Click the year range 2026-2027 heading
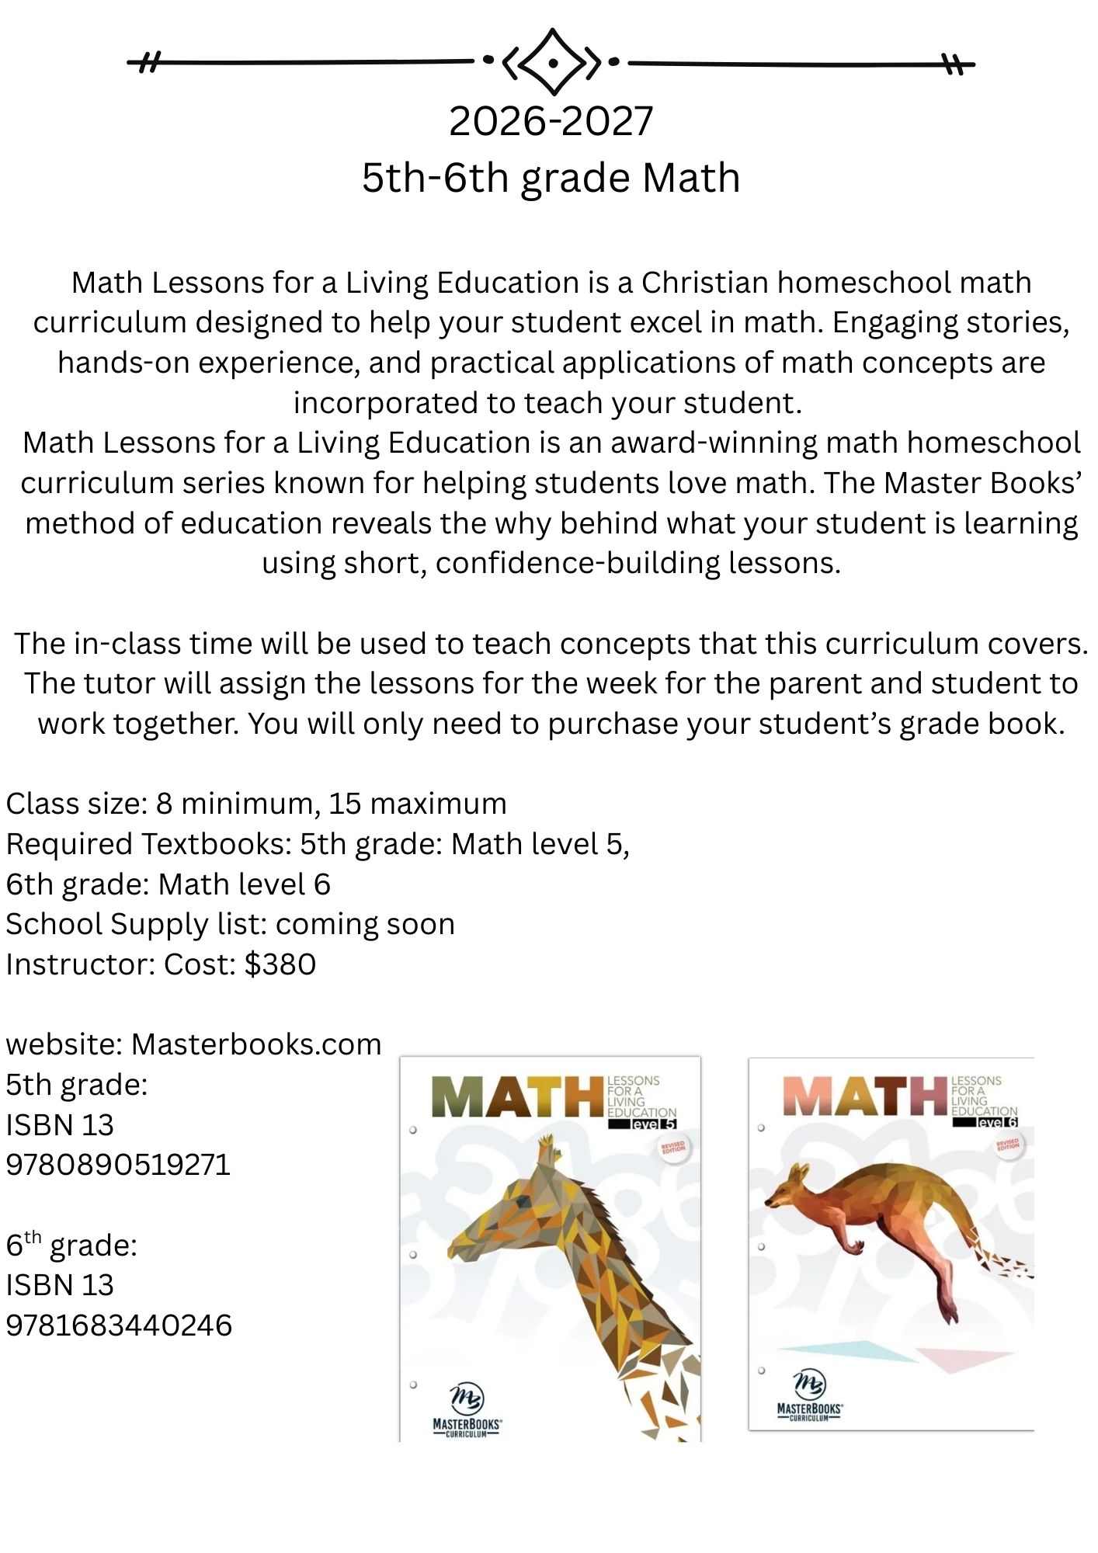551,122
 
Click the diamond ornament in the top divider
551,61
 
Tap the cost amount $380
280,964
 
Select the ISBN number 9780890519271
118,1165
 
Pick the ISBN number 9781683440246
119,1325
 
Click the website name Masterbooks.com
256,1044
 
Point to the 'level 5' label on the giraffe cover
653,1124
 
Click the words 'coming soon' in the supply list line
365,924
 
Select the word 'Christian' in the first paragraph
704,283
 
